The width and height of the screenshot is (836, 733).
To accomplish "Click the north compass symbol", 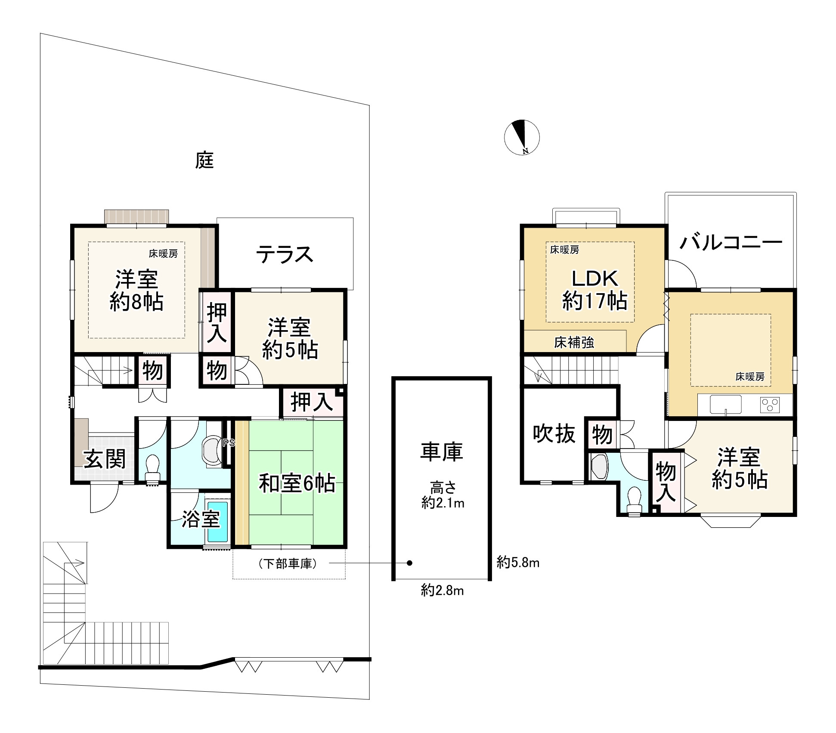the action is tap(522, 137).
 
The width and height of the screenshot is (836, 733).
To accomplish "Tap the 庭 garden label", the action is tap(204, 161).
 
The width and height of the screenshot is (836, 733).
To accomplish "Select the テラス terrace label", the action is tap(285, 254).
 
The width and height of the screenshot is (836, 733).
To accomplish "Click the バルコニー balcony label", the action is tap(731, 243).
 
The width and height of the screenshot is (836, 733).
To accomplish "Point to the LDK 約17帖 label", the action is tap(594, 290).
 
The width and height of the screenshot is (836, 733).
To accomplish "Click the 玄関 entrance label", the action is tap(105, 459).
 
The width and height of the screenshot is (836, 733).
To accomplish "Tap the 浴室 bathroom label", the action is tap(201, 519).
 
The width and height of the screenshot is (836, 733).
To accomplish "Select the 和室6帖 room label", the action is tap(297, 483).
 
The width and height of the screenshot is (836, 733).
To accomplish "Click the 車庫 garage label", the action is tap(442, 452).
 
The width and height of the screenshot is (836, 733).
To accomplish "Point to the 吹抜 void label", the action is tap(554, 433).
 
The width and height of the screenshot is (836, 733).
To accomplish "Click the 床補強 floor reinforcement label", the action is tap(574, 343).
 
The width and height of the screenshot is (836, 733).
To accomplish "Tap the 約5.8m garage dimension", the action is tap(518, 563).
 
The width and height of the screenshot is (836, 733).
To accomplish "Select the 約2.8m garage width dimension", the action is tap(442, 591).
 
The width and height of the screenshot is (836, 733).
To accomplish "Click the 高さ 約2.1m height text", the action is tap(443, 495).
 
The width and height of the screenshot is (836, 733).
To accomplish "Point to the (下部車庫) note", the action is tap(288, 563).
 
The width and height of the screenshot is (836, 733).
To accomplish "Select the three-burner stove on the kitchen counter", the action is tap(770, 405).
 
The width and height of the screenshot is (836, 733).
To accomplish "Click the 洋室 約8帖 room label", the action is tap(136, 290).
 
